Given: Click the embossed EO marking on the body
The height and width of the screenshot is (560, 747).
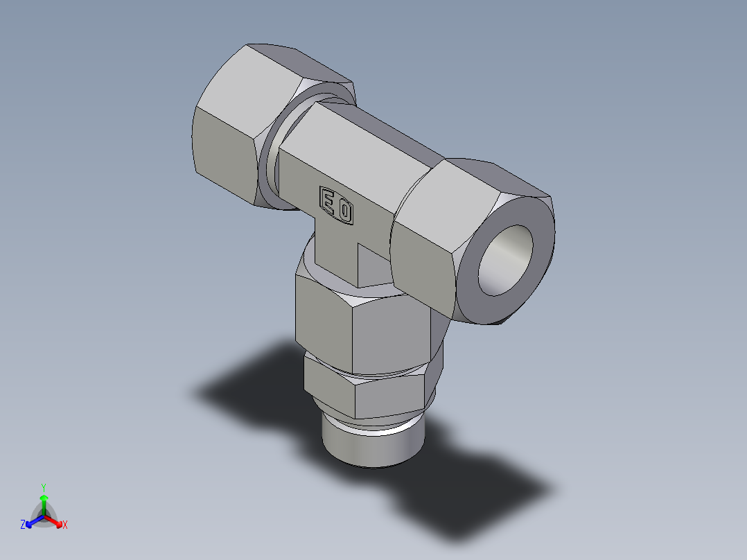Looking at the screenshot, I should pyautogui.click(x=335, y=205).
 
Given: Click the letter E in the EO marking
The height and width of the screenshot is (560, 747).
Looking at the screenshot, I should pyautogui.click(x=327, y=200).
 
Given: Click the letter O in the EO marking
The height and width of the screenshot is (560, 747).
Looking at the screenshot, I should pyautogui.click(x=344, y=210).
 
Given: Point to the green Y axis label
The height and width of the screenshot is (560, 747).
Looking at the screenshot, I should pyautogui.click(x=44, y=487).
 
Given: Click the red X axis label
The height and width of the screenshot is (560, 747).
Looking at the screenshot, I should pyautogui.click(x=65, y=525).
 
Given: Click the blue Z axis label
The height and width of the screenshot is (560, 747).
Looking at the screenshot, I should pyautogui.click(x=23, y=525).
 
